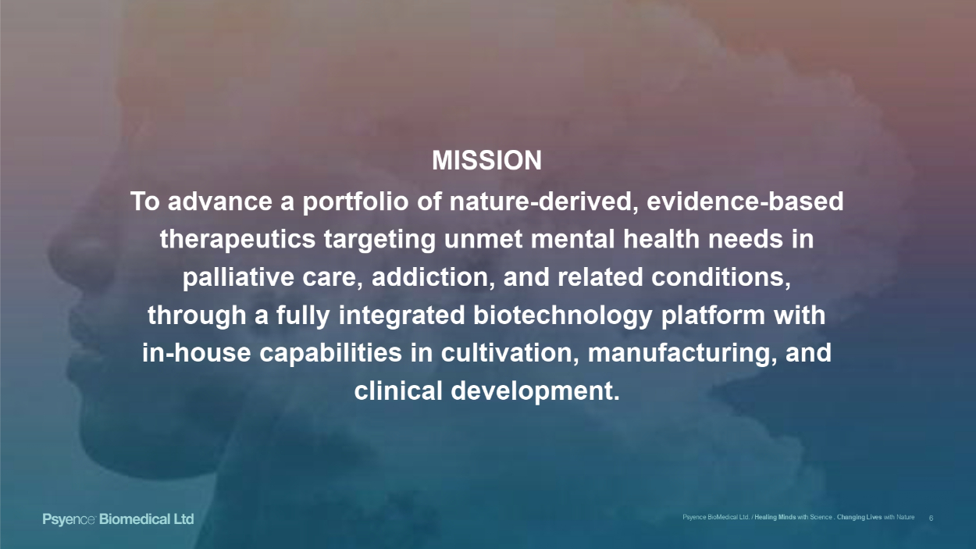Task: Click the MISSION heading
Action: click(486, 160)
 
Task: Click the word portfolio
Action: click(356, 202)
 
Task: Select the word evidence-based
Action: click(745, 201)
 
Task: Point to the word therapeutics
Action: click(237, 240)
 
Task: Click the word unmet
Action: click(483, 239)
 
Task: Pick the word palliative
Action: click(238, 277)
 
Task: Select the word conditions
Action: click(721, 277)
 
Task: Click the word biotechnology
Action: click(562, 316)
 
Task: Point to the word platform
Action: click(713, 316)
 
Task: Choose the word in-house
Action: click(197, 353)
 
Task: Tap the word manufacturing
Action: click(682, 353)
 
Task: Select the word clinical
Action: click(398, 390)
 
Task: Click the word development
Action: click(535, 391)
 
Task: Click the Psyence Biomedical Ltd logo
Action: click(118, 519)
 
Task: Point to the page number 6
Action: click(931, 518)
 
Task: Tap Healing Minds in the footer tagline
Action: click(775, 517)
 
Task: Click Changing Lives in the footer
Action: click(859, 517)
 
